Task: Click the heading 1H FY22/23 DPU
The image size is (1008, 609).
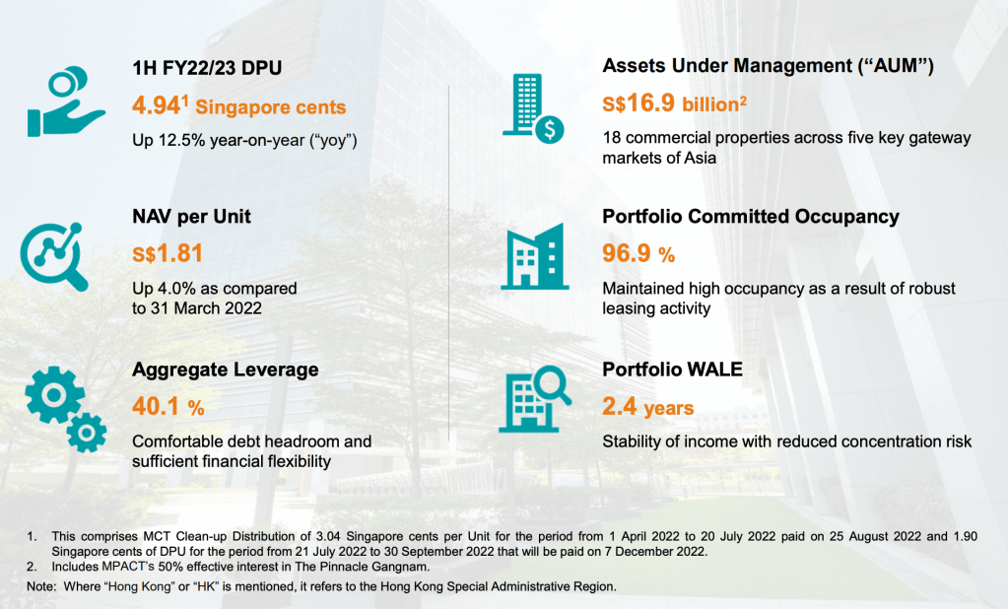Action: (x=207, y=68)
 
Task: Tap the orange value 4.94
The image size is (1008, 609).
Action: (x=157, y=105)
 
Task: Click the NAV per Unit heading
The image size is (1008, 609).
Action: (x=191, y=217)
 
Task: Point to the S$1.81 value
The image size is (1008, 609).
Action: (x=168, y=253)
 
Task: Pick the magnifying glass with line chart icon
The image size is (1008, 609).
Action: (x=54, y=256)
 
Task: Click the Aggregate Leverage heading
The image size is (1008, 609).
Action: (x=225, y=370)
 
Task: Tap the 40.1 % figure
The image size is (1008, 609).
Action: (x=168, y=406)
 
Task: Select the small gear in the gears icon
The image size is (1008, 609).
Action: (x=86, y=433)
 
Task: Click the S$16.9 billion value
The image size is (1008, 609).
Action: (x=674, y=103)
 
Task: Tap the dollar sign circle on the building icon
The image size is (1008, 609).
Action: (x=550, y=130)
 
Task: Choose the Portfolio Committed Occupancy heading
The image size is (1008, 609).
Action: (x=750, y=217)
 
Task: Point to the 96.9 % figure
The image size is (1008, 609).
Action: (x=638, y=254)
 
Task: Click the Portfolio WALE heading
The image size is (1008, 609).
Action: (x=672, y=370)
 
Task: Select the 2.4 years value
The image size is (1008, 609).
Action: (x=648, y=407)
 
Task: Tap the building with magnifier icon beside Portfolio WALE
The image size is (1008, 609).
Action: (x=535, y=399)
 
